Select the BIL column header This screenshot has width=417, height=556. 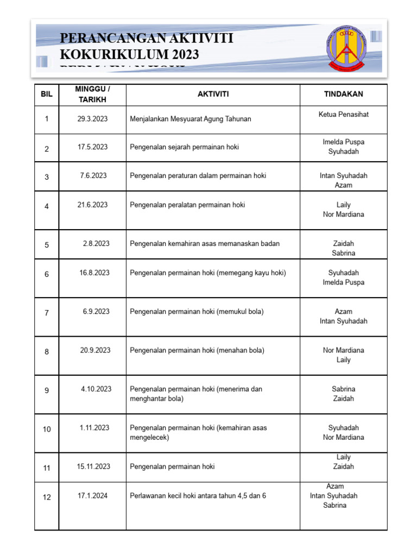[x=47, y=94]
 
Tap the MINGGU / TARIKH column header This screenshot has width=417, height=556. [x=92, y=94]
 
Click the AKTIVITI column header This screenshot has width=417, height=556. [x=213, y=94]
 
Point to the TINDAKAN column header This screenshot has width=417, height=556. [x=343, y=94]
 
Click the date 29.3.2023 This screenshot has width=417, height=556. [x=92, y=119]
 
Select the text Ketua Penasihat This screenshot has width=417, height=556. [x=344, y=115]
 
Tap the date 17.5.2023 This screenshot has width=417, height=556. [x=92, y=147]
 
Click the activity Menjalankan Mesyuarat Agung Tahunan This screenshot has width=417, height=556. [x=191, y=119]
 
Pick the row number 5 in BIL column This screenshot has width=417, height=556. [x=47, y=245]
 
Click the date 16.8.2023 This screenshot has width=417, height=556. [x=94, y=273]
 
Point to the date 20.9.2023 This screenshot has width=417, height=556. [x=95, y=350]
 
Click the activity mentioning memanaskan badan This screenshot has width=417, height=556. [x=205, y=244]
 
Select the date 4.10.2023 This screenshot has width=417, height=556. [x=96, y=389]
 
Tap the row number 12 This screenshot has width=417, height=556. [x=47, y=497]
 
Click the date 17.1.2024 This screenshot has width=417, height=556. [x=93, y=496]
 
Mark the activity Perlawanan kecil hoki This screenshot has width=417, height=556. [x=198, y=496]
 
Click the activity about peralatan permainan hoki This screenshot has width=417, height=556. [x=187, y=205]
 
